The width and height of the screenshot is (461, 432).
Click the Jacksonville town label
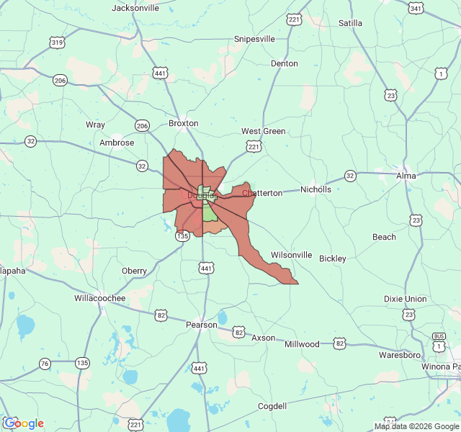click(x=135, y=8)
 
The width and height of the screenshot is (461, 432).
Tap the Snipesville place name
click(x=254, y=39)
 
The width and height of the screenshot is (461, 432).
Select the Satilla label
click(x=351, y=23)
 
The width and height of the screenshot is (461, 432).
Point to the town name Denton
click(x=284, y=63)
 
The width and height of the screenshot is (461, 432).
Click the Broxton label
click(x=183, y=123)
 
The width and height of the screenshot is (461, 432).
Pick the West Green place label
click(x=263, y=131)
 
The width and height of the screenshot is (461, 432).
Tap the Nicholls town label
click(x=315, y=189)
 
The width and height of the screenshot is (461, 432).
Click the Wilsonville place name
click(x=291, y=255)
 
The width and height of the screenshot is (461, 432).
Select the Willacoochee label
click(x=99, y=298)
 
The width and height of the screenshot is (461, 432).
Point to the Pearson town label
click(x=201, y=325)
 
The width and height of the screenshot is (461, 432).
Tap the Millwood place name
click(x=302, y=344)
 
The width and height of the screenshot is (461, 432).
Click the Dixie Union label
click(x=405, y=299)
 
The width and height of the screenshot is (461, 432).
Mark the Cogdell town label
click(x=272, y=406)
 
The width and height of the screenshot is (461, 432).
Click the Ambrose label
click(x=117, y=143)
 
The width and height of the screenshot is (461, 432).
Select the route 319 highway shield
click(x=58, y=43)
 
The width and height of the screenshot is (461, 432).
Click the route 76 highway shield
click(x=45, y=364)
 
